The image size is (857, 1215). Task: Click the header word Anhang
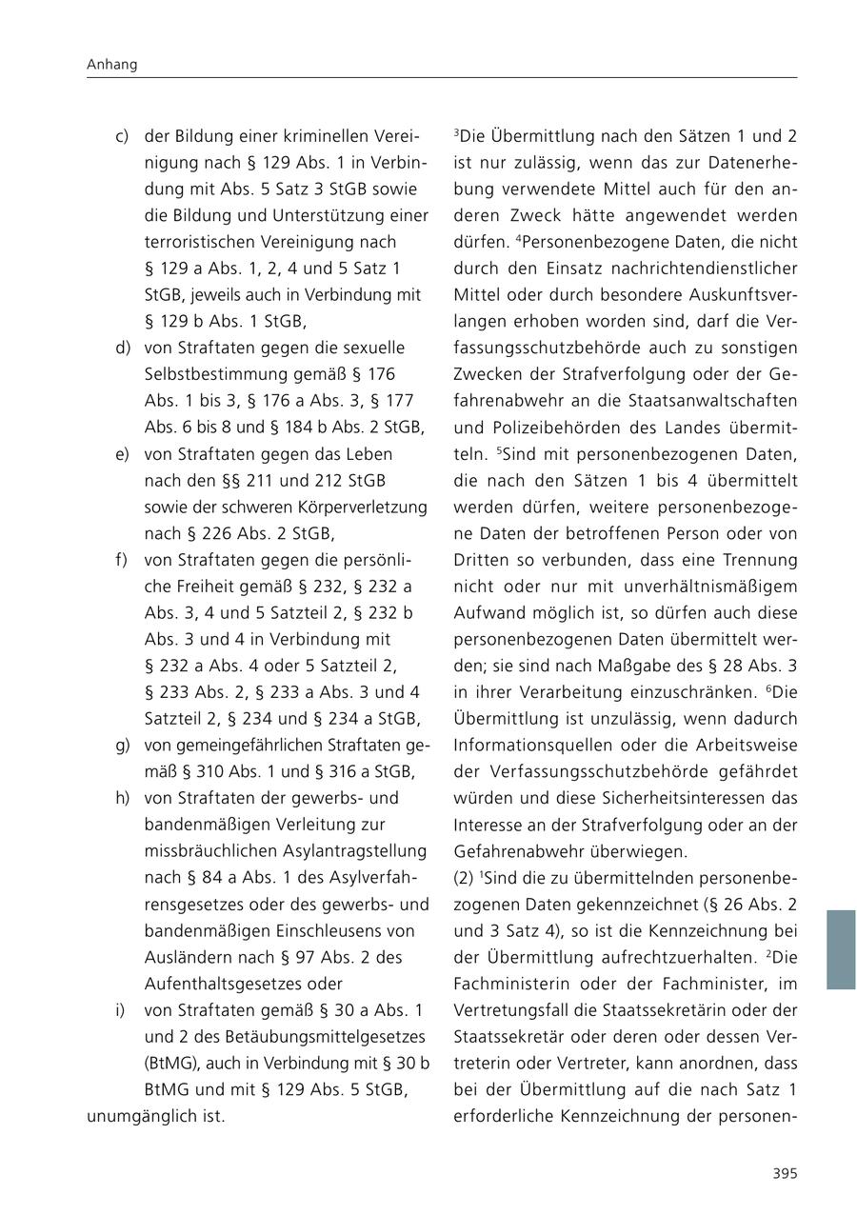click(x=112, y=65)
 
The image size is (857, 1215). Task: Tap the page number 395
click(x=784, y=1173)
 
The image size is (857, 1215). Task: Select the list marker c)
click(x=122, y=136)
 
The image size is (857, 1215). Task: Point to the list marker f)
click(x=121, y=559)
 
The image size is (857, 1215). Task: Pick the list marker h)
click(x=122, y=797)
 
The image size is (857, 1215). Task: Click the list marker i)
click(x=120, y=1008)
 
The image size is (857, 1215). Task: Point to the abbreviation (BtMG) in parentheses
click(x=171, y=1062)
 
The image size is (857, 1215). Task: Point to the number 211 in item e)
click(x=260, y=480)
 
